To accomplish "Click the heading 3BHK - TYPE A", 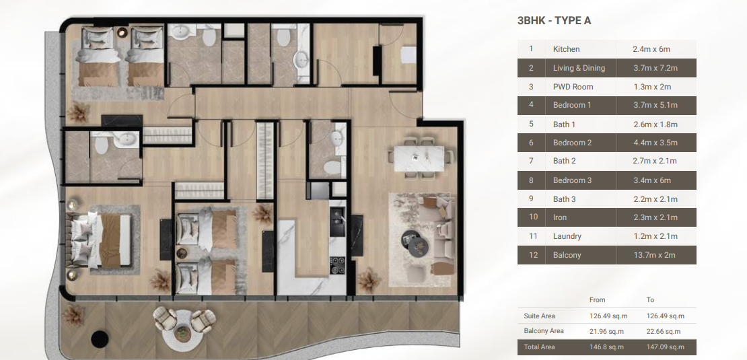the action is click(554, 21).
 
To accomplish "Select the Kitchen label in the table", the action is click(566, 49).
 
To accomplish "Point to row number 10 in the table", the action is click(533, 217).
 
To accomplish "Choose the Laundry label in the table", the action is click(567, 236).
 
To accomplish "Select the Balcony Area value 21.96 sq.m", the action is click(606, 332).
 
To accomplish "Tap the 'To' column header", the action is click(650, 300).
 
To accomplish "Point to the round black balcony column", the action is click(100, 338).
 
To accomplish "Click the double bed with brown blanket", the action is click(101, 240).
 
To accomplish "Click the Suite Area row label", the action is click(539, 316).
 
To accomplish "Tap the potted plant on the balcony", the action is click(74, 315).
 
